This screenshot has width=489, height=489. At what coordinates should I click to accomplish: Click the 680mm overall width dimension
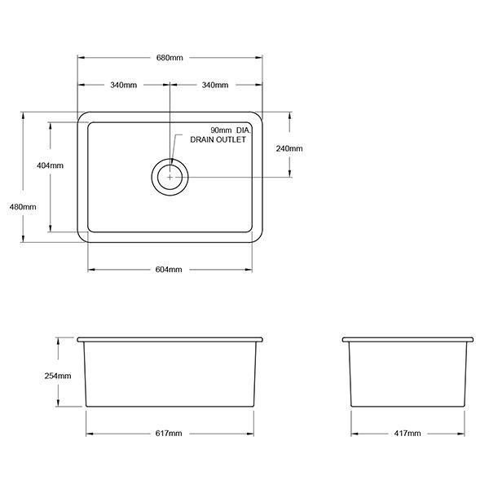pyautogui.click(x=170, y=58)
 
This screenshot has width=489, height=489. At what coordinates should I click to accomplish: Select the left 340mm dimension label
pyautogui.click(x=124, y=86)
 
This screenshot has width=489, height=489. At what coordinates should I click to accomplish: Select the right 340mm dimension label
pyautogui.click(x=214, y=86)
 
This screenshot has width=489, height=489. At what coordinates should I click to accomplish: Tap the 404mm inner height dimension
pyautogui.click(x=50, y=165)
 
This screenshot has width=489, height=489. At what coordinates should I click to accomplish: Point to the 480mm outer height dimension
pyautogui.click(x=24, y=206)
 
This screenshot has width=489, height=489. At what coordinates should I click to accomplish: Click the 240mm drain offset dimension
pyautogui.click(x=290, y=148)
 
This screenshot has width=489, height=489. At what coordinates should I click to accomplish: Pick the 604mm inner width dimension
pyautogui.click(x=170, y=270)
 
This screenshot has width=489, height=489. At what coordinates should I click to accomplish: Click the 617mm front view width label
pyautogui.click(x=170, y=433)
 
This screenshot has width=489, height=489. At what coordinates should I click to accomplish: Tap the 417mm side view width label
pyautogui.click(x=407, y=433)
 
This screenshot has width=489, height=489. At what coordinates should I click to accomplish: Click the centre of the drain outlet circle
pyautogui.click(x=170, y=175)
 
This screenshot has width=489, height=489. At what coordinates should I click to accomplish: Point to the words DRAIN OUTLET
pyautogui.click(x=218, y=140)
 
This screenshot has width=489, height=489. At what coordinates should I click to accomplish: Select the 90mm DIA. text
pyautogui.click(x=229, y=130)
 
